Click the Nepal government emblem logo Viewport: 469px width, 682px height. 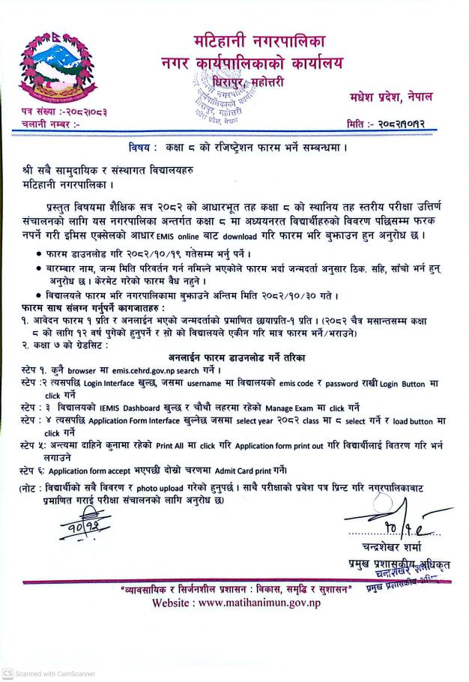coord(53,67)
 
